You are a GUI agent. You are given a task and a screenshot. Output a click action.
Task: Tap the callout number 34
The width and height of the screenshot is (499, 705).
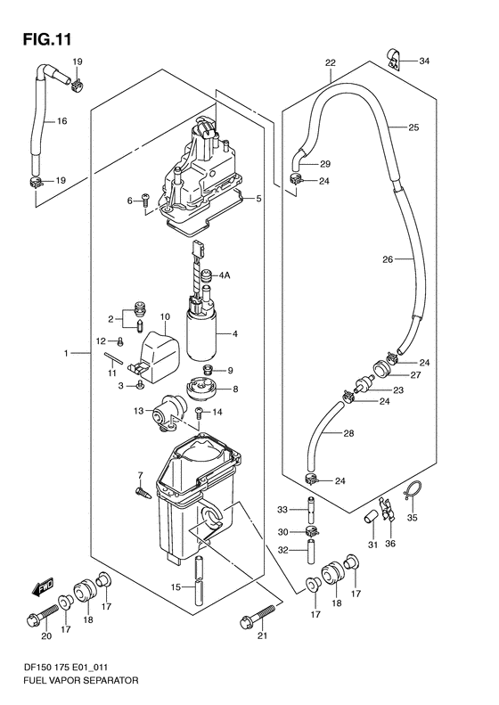(x=423, y=61)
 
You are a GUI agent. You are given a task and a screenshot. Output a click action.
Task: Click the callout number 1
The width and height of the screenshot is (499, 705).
(x=66, y=355)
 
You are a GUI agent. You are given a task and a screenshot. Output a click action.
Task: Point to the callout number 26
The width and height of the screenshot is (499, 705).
(x=388, y=260)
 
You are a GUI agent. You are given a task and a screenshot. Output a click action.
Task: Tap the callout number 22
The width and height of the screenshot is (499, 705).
(x=330, y=62)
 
